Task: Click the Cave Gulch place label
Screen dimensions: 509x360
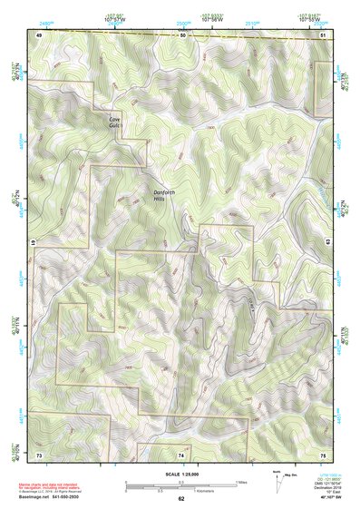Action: [114, 123]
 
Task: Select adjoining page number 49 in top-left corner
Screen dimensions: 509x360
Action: [39, 34]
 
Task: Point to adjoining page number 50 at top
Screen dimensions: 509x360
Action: [181, 34]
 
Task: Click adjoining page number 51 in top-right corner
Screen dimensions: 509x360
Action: [324, 34]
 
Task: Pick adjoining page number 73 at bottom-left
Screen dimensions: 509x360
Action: [39, 454]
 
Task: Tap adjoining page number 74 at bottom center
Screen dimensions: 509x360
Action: [181, 454]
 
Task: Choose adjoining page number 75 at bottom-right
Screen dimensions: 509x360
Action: [324, 454]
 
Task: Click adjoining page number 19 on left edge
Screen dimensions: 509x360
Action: [35, 243]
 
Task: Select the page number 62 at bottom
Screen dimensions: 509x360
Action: [181, 498]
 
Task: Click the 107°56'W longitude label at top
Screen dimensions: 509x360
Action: [211, 19]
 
